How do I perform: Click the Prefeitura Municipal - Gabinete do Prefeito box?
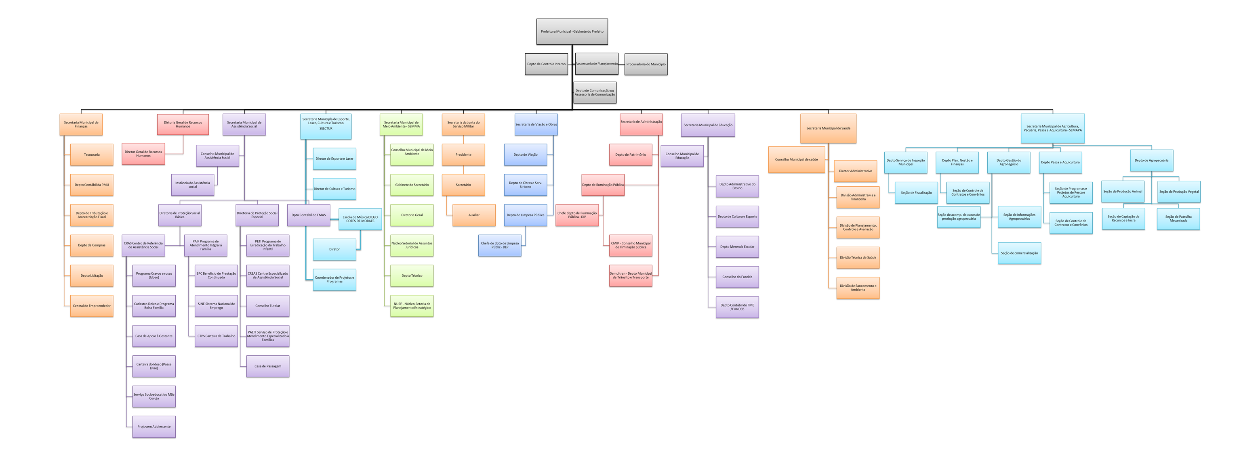(572, 32)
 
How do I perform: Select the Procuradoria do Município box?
(646, 65)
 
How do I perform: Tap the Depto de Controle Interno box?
(546, 65)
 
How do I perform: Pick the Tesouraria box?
(92, 155)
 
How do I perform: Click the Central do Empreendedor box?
(92, 306)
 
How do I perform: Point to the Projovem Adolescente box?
(154, 427)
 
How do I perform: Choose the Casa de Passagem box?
(267, 366)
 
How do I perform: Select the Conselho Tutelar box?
(267, 306)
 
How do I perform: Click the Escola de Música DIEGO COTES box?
(360, 219)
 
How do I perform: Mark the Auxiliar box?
(473, 215)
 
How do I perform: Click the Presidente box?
(463, 155)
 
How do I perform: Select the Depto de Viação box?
(525, 155)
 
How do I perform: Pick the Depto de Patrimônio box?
(630, 155)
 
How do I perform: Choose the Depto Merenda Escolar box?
(737, 247)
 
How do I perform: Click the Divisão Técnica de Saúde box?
(858, 257)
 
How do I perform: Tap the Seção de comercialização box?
(1019, 253)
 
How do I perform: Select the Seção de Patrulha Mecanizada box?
(1178, 219)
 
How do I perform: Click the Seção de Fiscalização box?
(916, 193)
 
